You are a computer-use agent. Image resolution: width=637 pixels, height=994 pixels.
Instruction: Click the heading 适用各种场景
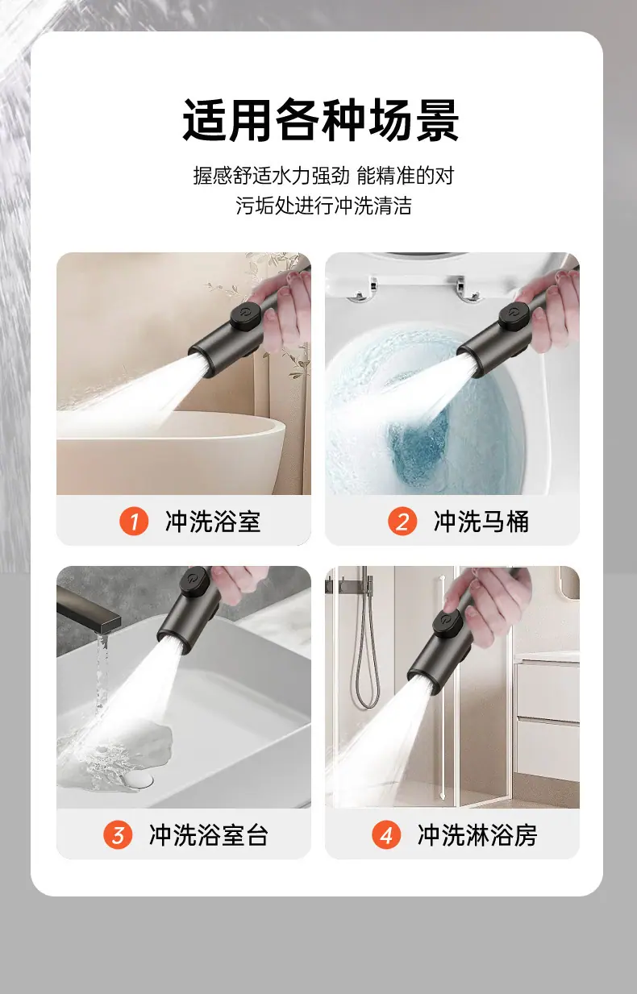pos(320,121)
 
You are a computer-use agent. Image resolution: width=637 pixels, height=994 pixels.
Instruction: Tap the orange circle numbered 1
pos(134,521)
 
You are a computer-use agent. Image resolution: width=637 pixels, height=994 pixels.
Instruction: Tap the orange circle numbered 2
pos(402,521)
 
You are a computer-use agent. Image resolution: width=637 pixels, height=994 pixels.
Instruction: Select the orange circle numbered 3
pos(118,834)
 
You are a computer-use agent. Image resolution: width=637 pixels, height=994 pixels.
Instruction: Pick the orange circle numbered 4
pos(386,834)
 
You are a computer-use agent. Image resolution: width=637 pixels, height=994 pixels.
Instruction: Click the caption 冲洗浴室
pos(213,522)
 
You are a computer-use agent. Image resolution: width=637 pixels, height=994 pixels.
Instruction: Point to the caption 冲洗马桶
pos(481,522)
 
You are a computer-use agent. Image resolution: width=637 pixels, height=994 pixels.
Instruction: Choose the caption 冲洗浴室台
pos(209,835)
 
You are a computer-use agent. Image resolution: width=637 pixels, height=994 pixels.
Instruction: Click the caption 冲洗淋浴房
pos(477,835)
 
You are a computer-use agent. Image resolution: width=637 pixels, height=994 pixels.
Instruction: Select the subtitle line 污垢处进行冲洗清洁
pos(323,206)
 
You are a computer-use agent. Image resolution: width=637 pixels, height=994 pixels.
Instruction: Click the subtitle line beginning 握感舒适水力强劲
pos(323,176)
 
